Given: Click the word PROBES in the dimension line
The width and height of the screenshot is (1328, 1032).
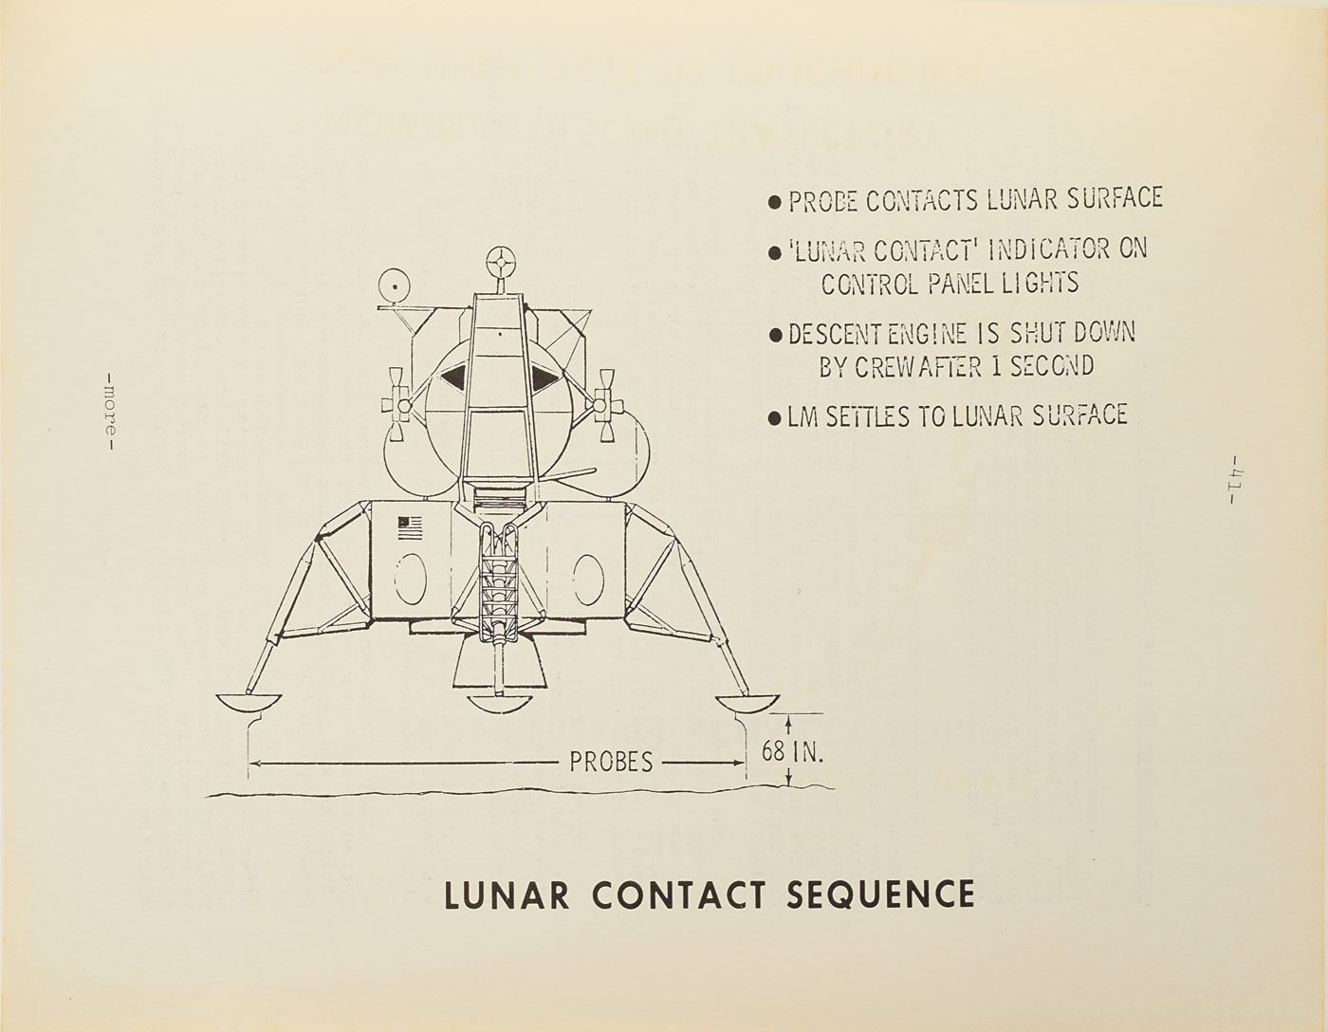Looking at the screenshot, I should [611, 762].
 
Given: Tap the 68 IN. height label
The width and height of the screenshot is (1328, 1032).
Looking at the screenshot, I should [793, 752].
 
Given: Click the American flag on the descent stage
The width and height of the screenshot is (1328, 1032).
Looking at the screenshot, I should [410, 527].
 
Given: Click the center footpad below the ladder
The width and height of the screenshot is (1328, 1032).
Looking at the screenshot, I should [499, 703].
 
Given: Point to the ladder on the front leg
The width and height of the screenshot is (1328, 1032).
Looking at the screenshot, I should [498, 579].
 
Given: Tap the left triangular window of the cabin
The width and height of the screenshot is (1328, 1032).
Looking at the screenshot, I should [454, 377].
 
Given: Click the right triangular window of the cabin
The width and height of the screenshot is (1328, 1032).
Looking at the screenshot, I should [544, 378].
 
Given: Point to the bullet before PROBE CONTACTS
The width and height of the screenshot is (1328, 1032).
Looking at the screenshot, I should [774, 202].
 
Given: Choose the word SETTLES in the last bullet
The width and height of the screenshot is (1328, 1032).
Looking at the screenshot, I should [862, 415].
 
